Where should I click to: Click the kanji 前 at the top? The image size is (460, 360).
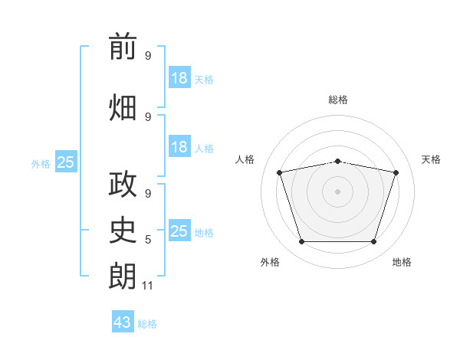tap(123, 47)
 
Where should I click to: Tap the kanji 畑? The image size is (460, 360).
tap(123, 106)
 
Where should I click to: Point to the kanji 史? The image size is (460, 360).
tap(123, 229)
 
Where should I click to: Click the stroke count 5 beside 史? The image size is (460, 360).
tap(148, 240)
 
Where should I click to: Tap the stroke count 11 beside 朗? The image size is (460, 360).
tap(148, 286)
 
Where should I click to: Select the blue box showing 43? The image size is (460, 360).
tap(123, 322)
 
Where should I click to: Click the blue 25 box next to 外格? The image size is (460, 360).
tap(66, 162)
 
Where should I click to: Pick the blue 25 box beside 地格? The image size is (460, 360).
tap(179, 231)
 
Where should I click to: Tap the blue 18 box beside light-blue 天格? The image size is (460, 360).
tap(179, 78)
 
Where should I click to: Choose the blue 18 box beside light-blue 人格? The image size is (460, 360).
tap(179, 147)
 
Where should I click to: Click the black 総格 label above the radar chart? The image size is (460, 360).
tap(338, 100)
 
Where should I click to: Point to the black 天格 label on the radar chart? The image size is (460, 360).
tap(432, 159)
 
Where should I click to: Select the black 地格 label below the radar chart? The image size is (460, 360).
tap(402, 262)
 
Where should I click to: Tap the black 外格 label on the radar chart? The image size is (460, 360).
tap(270, 262)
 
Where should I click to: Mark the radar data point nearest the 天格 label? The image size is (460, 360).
tap(396, 172)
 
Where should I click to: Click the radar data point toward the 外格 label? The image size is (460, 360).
tap(301, 242)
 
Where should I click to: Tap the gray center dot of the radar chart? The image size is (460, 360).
tap(337, 191)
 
